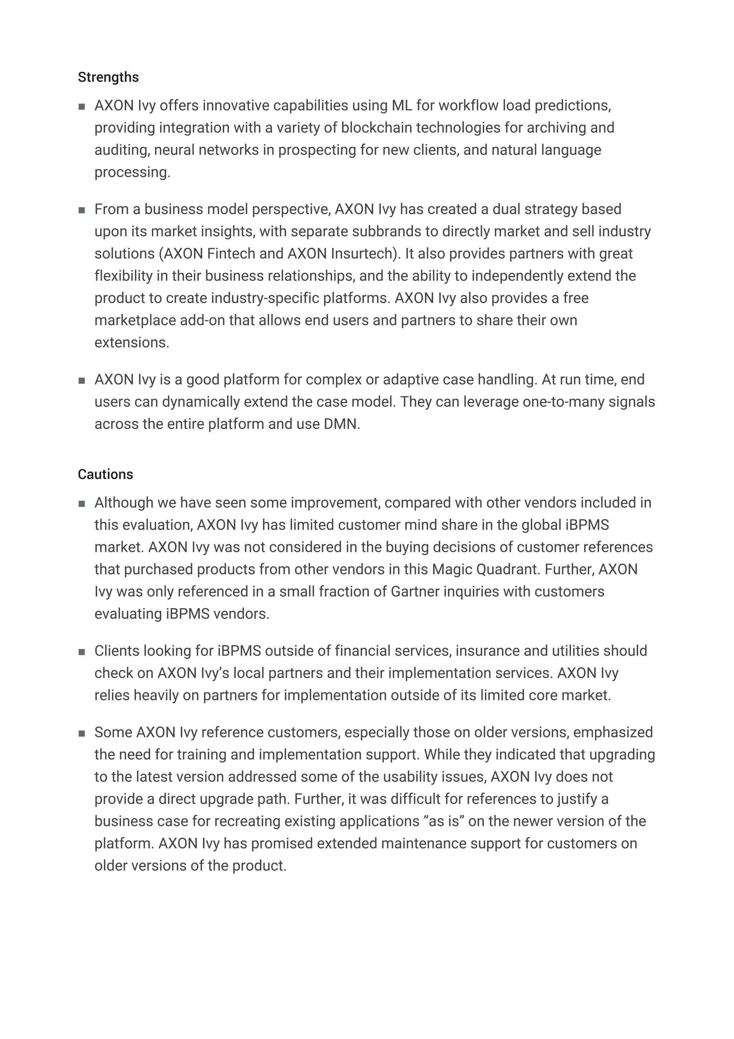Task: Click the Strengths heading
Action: click(x=108, y=77)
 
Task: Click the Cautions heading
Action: click(x=105, y=474)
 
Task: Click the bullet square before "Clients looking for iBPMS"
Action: click(x=82, y=652)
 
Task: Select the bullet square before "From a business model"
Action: click(x=82, y=210)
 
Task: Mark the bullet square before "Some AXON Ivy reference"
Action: click(x=82, y=734)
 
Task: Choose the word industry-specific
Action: click(x=264, y=298)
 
